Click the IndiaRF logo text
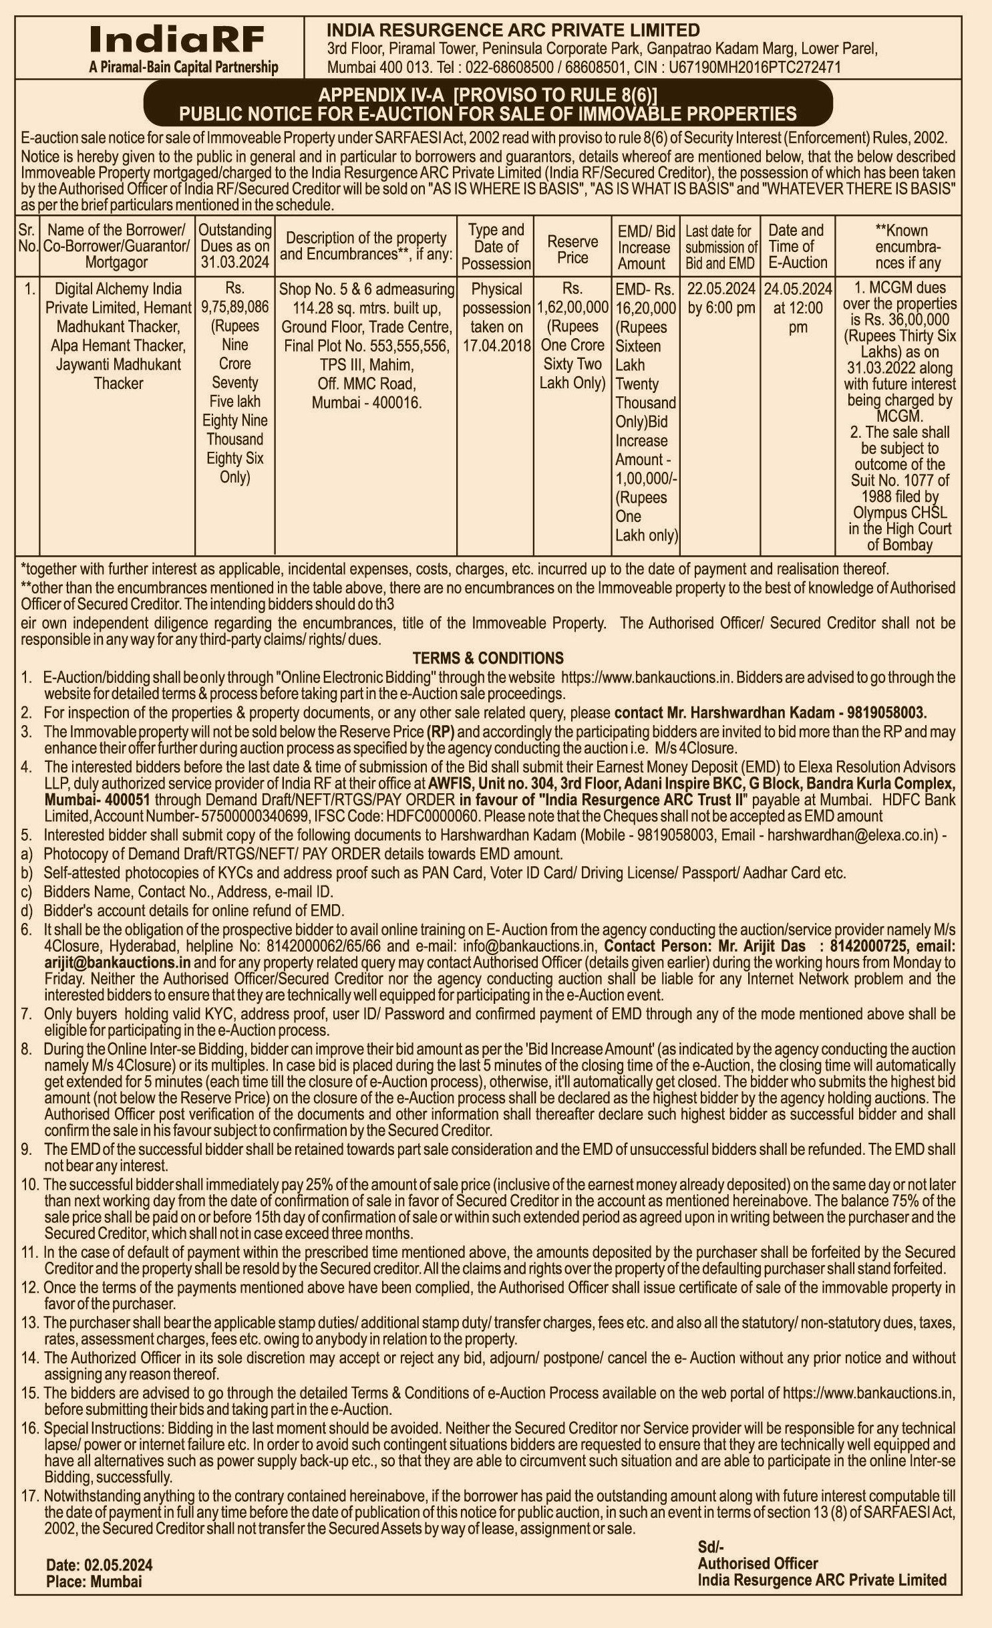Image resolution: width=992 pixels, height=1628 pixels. pyautogui.click(x=177, y=40)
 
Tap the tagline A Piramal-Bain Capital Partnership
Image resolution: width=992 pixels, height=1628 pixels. pyautogui.click(x=183, y=67)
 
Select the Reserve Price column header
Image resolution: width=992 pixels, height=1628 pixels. pyautogui.click(x=572, y=249)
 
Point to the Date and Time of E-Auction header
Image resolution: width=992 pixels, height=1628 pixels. pyautogui.click(x=797, y=246)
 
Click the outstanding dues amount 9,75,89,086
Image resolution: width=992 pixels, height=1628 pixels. pyautogui.click(x=234, y=307)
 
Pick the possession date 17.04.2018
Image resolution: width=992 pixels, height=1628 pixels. pyautogui.click(x=496, y=346)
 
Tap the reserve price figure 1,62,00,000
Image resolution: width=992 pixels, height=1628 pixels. pyautogui.click(x=572, y=307)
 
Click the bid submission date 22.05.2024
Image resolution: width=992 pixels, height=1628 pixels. pyautogui.click(x=719, y=289)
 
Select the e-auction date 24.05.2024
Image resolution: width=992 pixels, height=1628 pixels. pyautogui.click(x=798, y=289)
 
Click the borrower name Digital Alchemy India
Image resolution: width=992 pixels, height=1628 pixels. pyautogui.click(x=118, y=289)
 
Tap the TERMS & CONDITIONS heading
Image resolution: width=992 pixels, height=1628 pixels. pyautogui.click(x=488, y=658)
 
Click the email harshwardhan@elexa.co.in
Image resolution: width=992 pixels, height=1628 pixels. pyautogui.click(x=852, y=835)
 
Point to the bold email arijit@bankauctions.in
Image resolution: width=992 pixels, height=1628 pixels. pyautogui.click(x=118, y=962)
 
